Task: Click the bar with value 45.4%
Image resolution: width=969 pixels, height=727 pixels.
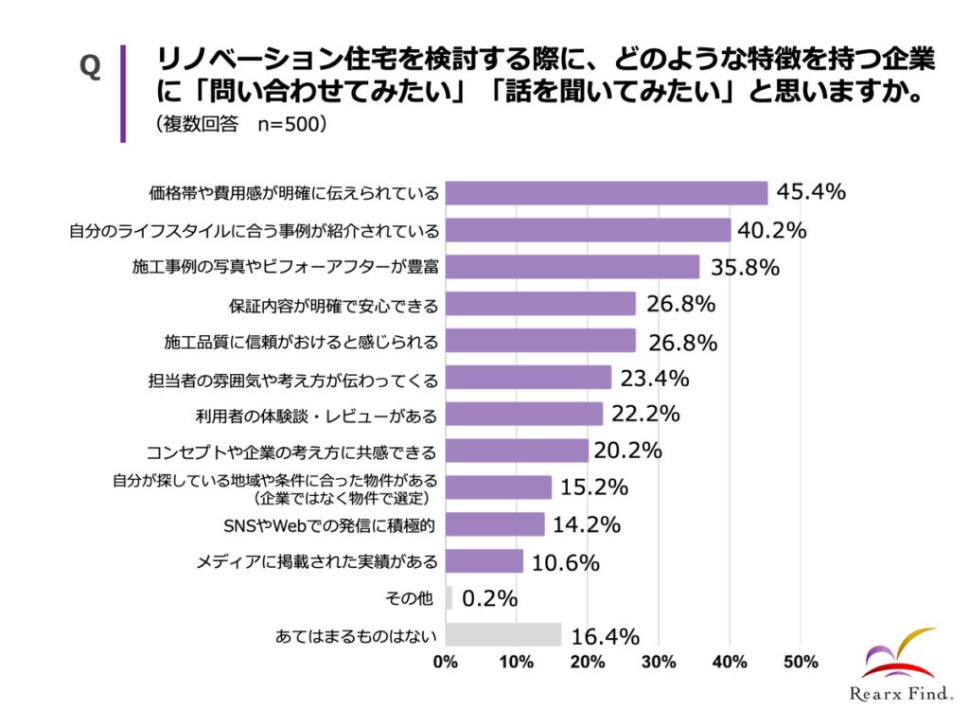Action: click(x=606, y=193)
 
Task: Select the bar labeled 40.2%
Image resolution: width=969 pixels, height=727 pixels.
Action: click(x=588, y=230)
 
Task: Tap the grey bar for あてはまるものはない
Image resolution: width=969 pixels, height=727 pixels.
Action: click(x=502, y=634)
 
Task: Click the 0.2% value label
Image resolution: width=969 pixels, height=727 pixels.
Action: click(x=490, y=598)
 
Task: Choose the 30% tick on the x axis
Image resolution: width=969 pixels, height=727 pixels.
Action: click(x=659, y=663)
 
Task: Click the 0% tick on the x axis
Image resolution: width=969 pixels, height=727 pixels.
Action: click(x=446, y=663)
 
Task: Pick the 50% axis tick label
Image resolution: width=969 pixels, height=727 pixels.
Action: click(x=801, y=663)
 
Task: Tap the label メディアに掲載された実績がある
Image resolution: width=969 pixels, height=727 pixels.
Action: click(x=317, y=561)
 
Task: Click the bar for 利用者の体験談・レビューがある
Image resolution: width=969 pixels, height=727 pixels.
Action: click(x=523, y=414)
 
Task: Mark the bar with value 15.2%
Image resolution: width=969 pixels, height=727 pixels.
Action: click(x=498, y=488)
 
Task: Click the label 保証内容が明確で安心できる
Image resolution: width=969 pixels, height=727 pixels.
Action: click(x=334, y=304)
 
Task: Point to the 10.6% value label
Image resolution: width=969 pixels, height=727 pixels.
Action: click(x=566, y=562)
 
